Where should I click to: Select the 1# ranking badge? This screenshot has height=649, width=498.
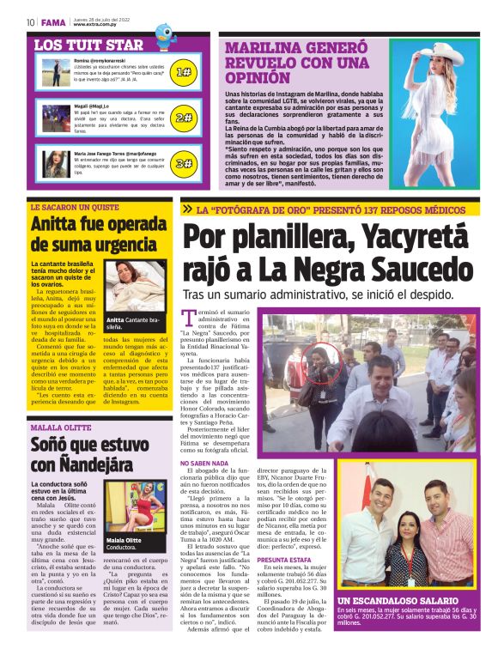click(183, 73)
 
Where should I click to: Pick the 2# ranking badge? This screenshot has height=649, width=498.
click(183, 118)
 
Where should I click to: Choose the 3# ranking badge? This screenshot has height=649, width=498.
click(183, 163)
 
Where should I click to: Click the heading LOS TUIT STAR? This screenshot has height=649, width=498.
click(88, 45)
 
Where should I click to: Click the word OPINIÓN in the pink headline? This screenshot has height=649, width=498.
click(257, 78)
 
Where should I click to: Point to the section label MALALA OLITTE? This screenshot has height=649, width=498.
click(60, 427)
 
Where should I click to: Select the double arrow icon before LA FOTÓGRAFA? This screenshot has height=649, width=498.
click(188, 209)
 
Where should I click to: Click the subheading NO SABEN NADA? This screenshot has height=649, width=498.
click(203, 463)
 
